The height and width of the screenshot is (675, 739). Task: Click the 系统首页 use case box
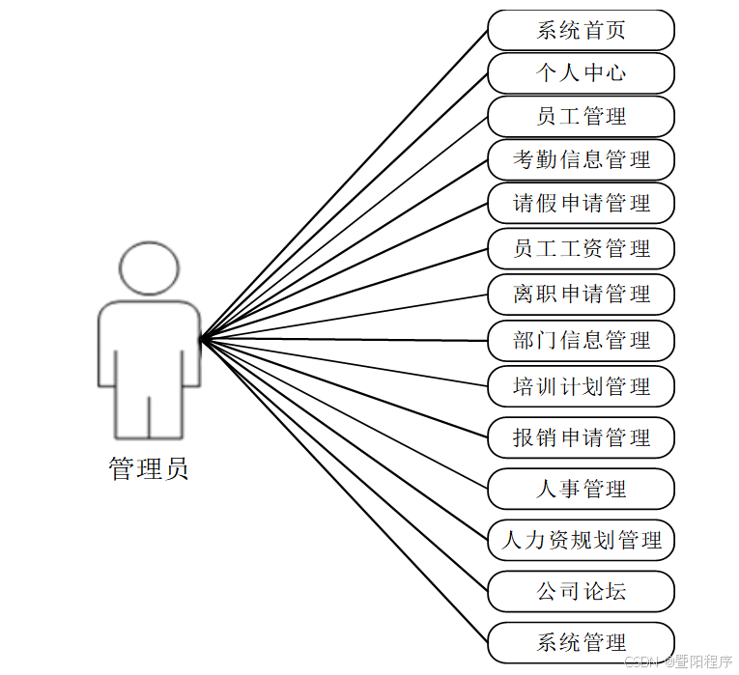click(581, 30)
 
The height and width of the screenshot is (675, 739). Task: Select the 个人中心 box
click(581, 73)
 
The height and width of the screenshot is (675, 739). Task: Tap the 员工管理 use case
click(581, 117)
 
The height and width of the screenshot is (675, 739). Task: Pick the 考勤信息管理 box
click(581, 160)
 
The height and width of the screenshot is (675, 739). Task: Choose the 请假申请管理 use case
click(581, 204)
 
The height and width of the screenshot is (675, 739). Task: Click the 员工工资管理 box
click(581, 249)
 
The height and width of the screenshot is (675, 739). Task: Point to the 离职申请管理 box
click(581, 295)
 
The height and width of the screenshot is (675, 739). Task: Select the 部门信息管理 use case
click(581, 341)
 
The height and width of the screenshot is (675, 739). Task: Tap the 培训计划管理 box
click(581, 387)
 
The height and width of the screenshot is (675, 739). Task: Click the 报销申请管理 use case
click(581, 438)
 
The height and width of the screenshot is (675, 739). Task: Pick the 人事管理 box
click(581, 490)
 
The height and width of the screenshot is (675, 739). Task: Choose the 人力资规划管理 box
click(581, 541)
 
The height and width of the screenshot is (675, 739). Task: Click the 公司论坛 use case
click(581, 591)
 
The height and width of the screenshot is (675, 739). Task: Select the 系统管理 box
click(581, 642)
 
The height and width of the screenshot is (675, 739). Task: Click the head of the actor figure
click(149, 267)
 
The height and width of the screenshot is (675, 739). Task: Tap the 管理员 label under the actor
click(149, 470)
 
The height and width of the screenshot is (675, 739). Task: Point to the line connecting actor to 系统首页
click(343, 185)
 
